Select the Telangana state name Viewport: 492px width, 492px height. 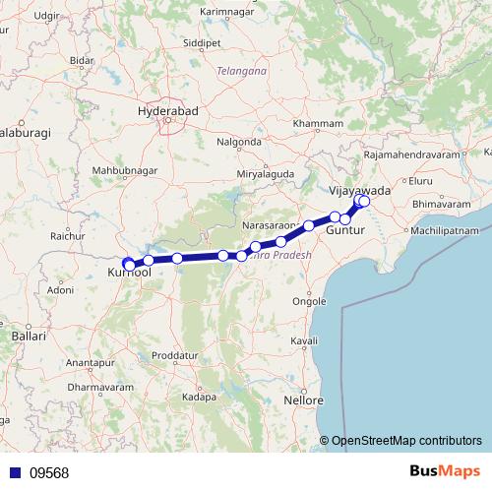coord(242,72)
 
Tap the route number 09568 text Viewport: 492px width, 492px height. coord(48,472)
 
